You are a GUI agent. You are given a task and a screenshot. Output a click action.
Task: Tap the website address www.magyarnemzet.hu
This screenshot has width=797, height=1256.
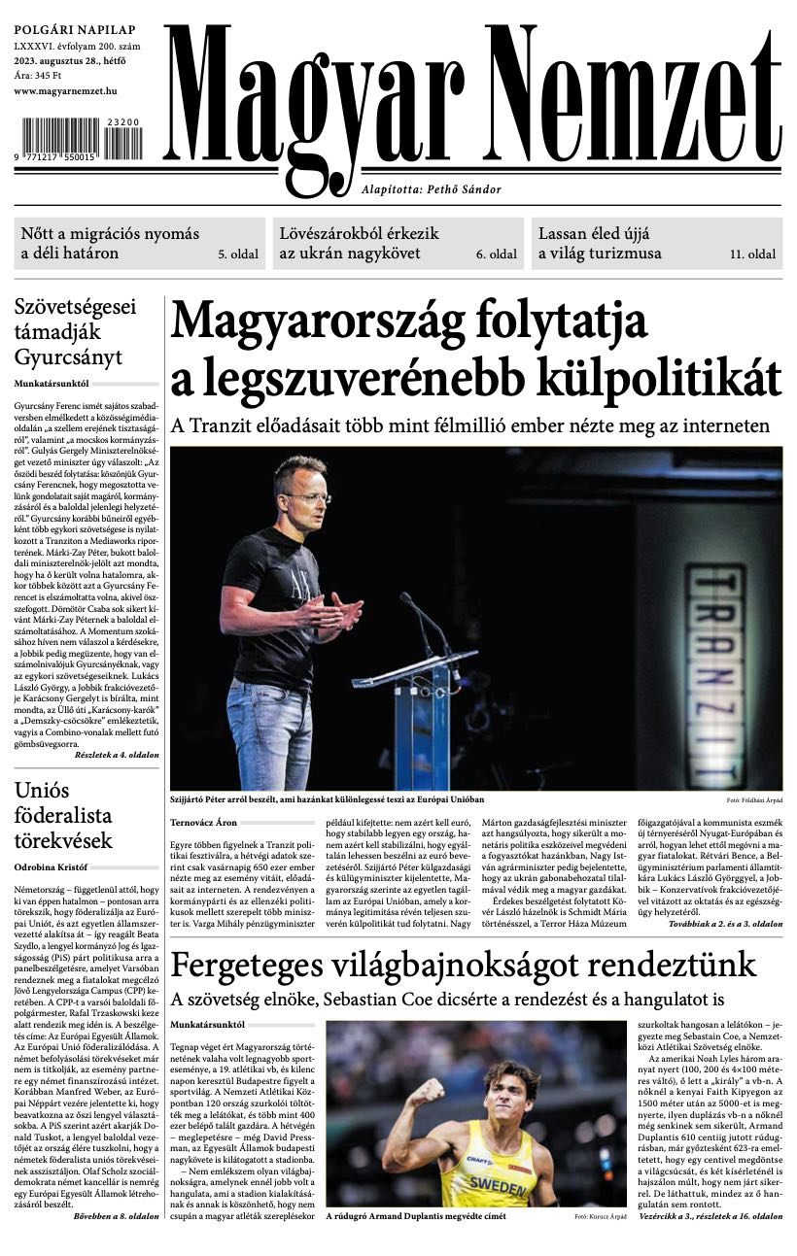pos(66,90)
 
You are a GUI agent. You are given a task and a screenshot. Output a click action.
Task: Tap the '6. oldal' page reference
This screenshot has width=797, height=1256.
pos(496,255)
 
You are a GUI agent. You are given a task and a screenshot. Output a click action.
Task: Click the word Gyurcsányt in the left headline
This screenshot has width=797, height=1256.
pos(68,356)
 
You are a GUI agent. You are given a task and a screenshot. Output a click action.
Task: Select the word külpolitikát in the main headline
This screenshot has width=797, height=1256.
pos(661,377)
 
